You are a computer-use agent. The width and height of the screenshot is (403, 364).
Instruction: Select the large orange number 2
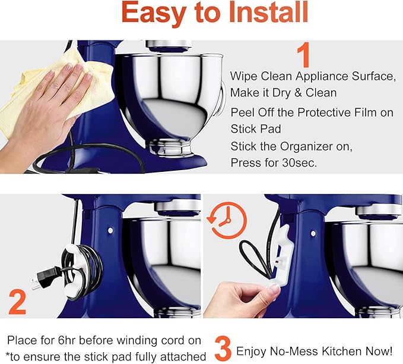[18, 302]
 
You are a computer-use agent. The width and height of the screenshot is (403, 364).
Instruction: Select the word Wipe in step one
[243, 77]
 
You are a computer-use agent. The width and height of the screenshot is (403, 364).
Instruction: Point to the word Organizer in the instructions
[294, 146]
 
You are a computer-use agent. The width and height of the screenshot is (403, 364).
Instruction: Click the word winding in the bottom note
[139, 340]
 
